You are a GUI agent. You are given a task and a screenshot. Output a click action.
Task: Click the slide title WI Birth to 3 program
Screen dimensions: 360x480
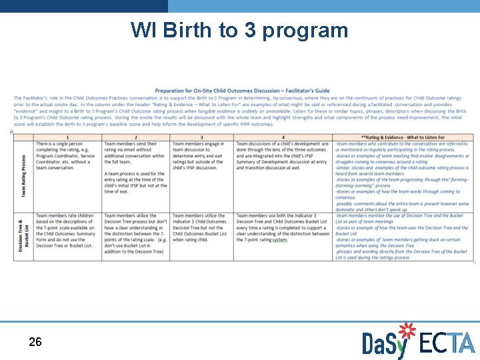tap(239, 30)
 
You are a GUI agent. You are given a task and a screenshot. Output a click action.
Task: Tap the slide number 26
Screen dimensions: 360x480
tap(35, 342)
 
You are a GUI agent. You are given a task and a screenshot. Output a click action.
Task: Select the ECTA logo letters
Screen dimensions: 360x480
tap(447, 343)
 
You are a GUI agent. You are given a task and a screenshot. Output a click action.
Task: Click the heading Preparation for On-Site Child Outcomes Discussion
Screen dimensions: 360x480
tap(242, 91)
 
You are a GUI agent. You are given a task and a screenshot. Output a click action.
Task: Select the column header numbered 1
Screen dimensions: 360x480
tap(67, 137)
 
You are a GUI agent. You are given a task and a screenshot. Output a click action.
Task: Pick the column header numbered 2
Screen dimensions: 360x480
tap(136, 137)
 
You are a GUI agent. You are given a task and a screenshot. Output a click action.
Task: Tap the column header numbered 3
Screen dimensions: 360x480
tap(201, 137)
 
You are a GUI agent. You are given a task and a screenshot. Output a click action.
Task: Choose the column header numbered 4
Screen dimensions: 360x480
tap(283, 137)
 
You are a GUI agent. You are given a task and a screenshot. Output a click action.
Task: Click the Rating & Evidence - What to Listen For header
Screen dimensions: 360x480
tap(403, 137)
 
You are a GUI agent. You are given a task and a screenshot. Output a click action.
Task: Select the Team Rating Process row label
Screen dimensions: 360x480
tap(24, 176)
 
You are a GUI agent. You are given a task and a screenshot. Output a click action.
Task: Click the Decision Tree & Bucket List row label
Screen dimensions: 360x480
tap(24, 237)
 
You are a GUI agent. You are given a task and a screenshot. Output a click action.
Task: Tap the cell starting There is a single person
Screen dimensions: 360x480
tap(67, 156)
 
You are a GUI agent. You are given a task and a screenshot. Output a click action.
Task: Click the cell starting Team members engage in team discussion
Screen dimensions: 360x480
tap(201, 156)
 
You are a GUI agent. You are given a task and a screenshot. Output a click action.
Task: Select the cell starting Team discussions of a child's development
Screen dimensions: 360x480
tap(283, 156)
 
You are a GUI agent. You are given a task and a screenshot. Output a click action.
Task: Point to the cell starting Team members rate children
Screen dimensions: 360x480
tap(67, 231)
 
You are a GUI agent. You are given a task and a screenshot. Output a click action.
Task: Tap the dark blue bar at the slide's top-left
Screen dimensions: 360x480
tap(83, 6)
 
